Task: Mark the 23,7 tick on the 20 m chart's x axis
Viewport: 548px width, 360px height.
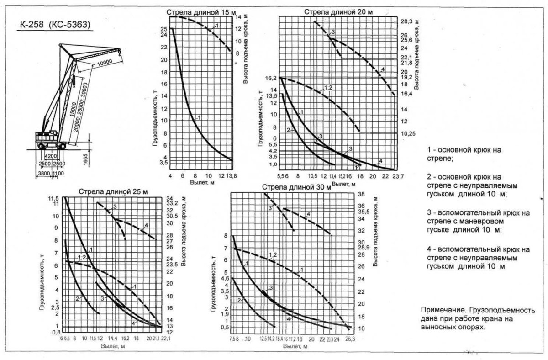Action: pyautogui.click(x=395, y=176)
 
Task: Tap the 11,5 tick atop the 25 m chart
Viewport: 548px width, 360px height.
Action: pyautogui.click(x=55, y=198)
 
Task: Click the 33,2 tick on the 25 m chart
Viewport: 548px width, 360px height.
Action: pyautogui.click(x=173, y=203)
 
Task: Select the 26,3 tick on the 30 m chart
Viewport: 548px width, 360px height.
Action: pyautogui.click(x=349, y=339)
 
